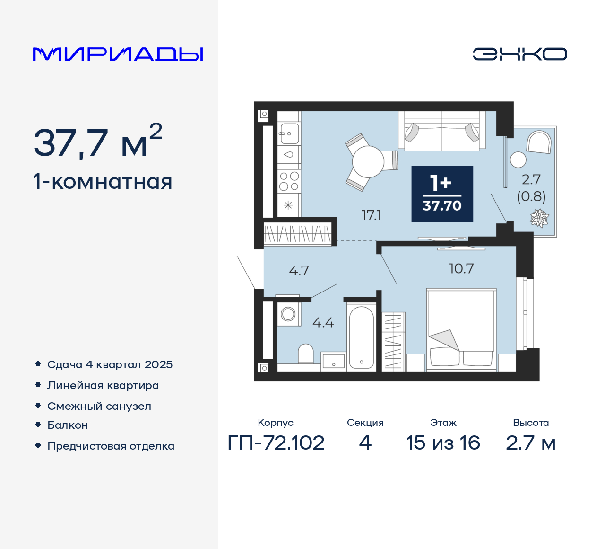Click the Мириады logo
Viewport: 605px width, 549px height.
pos(118,54)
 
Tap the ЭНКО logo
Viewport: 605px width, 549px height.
pos(519,54)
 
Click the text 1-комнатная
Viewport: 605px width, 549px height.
pos(103,182)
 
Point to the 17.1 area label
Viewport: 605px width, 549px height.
pos(371,215)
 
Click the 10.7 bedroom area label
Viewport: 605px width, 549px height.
pos(461,269)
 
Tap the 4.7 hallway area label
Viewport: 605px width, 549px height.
pos(299,271)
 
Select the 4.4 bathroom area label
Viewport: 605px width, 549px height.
pos(323,323)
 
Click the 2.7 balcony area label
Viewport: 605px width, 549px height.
pos(531,179)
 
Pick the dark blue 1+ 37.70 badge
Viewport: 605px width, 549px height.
pos(442,194)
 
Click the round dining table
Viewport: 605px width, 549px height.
pos(368,161)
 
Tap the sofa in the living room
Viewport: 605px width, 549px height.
pos(442,132)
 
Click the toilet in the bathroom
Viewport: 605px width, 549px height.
pos(306,354)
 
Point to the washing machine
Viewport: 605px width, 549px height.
pos(288,314)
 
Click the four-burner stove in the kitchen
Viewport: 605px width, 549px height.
pos(289,181)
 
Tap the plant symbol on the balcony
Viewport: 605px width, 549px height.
pos(539,218)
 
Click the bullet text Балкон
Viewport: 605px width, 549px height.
pos(68,425)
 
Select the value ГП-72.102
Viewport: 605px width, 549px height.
pos(276,443)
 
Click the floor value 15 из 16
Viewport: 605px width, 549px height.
pos(443,443)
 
